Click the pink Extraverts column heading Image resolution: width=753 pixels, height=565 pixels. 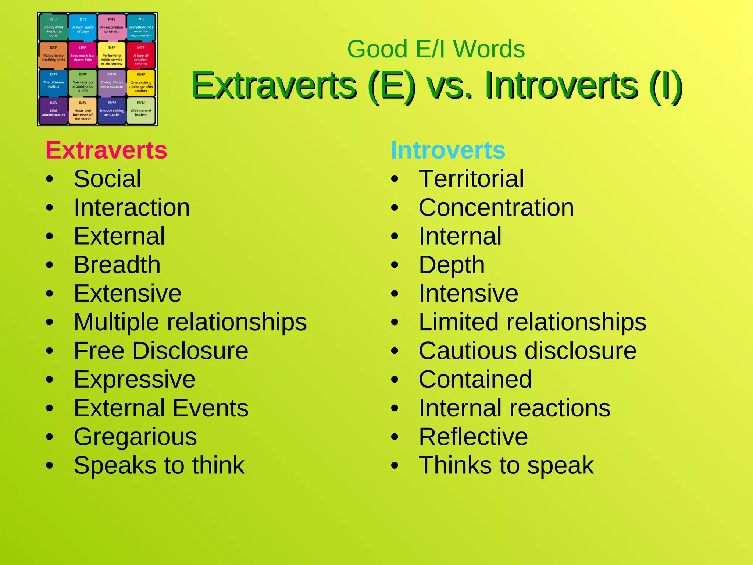click(x=106, y=150)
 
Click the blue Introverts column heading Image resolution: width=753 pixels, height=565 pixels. click(x=448, y=150)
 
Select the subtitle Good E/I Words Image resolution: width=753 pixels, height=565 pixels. click(x=436, y=49)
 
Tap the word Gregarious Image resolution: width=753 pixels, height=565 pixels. click(x=135, y=437)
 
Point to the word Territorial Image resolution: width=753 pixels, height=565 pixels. click(x=471, y=179)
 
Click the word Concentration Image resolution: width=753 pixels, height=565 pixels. click(x=496, y=208)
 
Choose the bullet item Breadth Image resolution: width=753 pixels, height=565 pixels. click(x=117, y=265)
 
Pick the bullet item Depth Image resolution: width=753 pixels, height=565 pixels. click(x=452, y=265)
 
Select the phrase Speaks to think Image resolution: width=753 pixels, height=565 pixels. click(x=159, y=466)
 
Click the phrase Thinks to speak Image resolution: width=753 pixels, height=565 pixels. click(x=506, y=466)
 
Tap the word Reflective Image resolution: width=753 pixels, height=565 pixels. click(x=473, y=437)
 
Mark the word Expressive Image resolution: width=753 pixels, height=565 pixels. click(x=135, y=380)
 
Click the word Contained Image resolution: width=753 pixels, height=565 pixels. click(x=475, y=380)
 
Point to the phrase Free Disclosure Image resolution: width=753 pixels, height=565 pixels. click(x=161, y=351)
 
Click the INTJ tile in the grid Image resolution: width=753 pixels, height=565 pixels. click(x=141, y=27)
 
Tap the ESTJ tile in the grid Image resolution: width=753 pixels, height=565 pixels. click(x=53, y=111)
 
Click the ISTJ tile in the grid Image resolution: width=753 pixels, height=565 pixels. click(x=53, y=27)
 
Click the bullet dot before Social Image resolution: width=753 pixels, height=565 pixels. click(x=50, y=180)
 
